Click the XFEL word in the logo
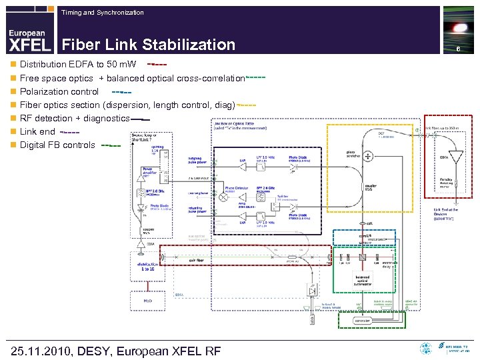pos(29,45)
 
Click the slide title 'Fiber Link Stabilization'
pos(148,45)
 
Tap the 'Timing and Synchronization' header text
pos(101,12)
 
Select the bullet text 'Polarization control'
pos(59,91)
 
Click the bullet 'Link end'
pos(37,131)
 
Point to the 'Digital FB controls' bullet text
pos(57,145)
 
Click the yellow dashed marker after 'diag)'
pos(247,105)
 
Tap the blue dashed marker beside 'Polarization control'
pos(121,92)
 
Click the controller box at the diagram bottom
pos(362,321)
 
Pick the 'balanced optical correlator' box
pos(362,280)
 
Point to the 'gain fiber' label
pos(197,261)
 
